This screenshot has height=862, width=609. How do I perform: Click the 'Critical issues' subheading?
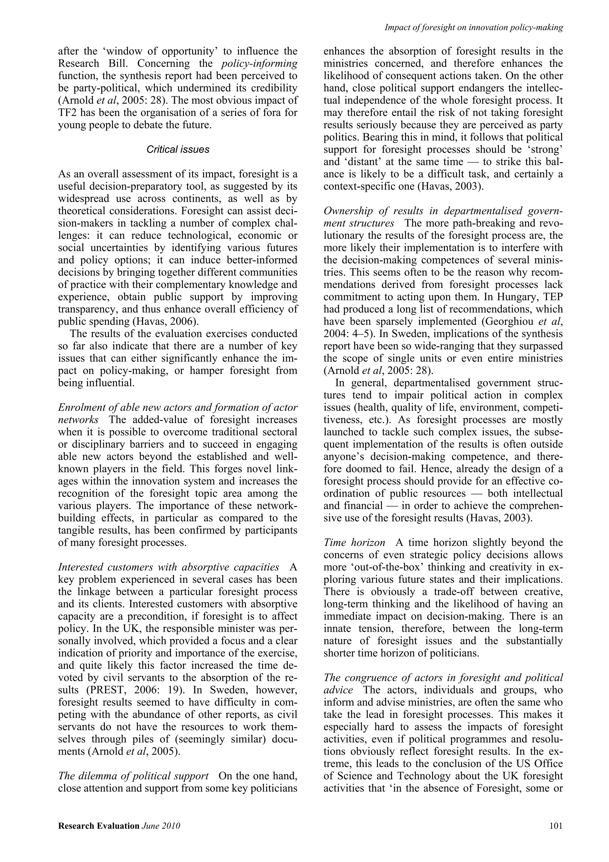(178, 149)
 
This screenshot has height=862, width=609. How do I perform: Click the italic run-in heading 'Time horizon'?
(354, 542)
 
